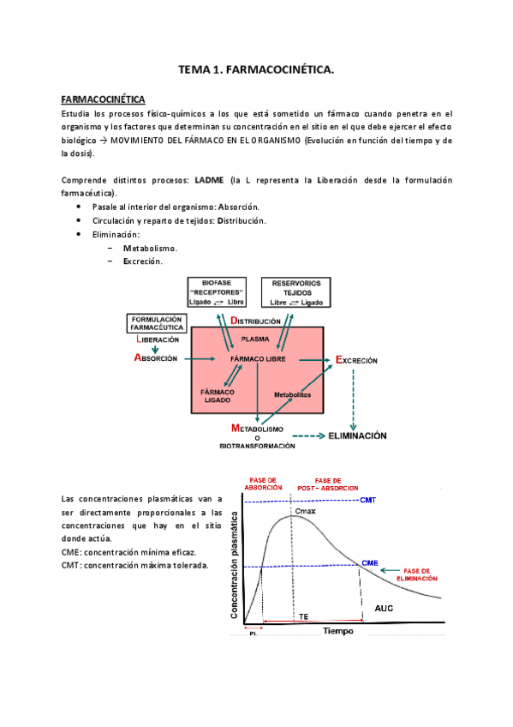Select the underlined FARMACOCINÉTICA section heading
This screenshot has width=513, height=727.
click(104, 99)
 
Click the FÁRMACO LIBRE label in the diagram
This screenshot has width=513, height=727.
click(258, 358)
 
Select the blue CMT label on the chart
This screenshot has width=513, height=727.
click(368, 500)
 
